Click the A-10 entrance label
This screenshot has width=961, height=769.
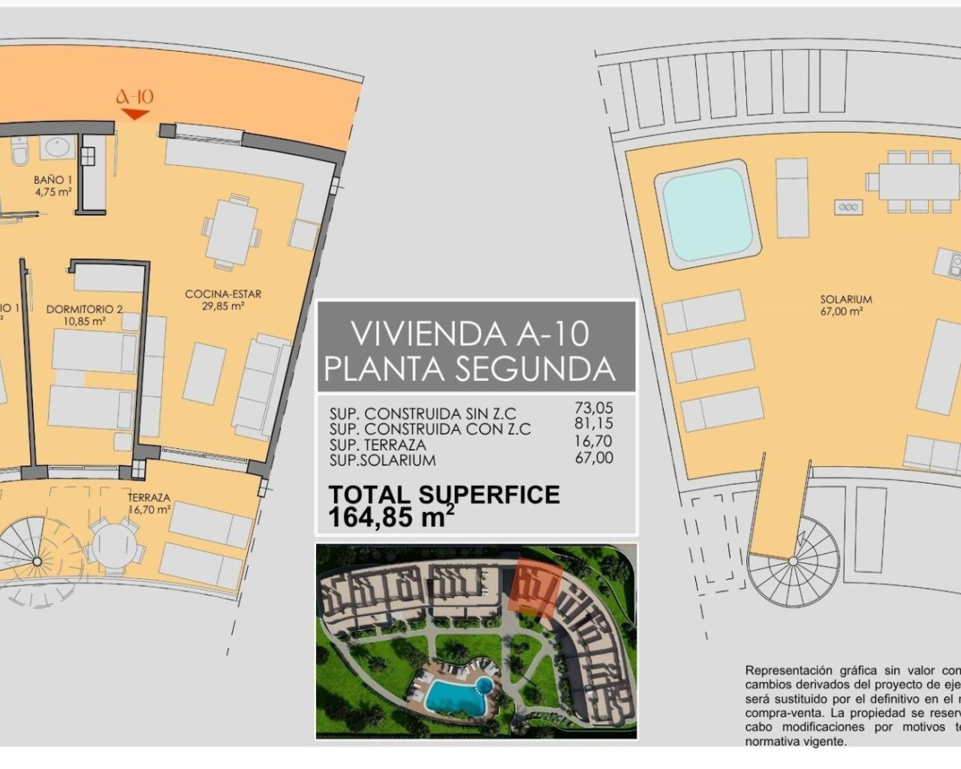[135, 96]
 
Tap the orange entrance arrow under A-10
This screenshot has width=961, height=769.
[136, 115]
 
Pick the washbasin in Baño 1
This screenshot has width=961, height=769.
[56, 148]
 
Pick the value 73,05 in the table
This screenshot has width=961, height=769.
[594, 409]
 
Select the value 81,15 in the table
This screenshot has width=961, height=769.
[594, 425]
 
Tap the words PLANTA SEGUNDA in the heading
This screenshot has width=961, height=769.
[470, 369]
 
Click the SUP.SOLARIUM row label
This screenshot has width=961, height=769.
[382, 460]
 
